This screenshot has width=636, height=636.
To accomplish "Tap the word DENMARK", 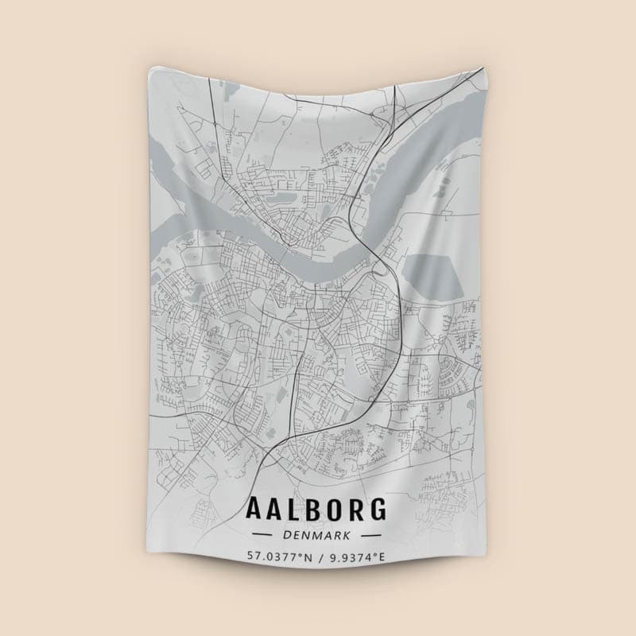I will [317, 534].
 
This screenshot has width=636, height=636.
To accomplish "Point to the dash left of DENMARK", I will [262, 534].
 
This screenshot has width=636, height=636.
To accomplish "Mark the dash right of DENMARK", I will [374, 534].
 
